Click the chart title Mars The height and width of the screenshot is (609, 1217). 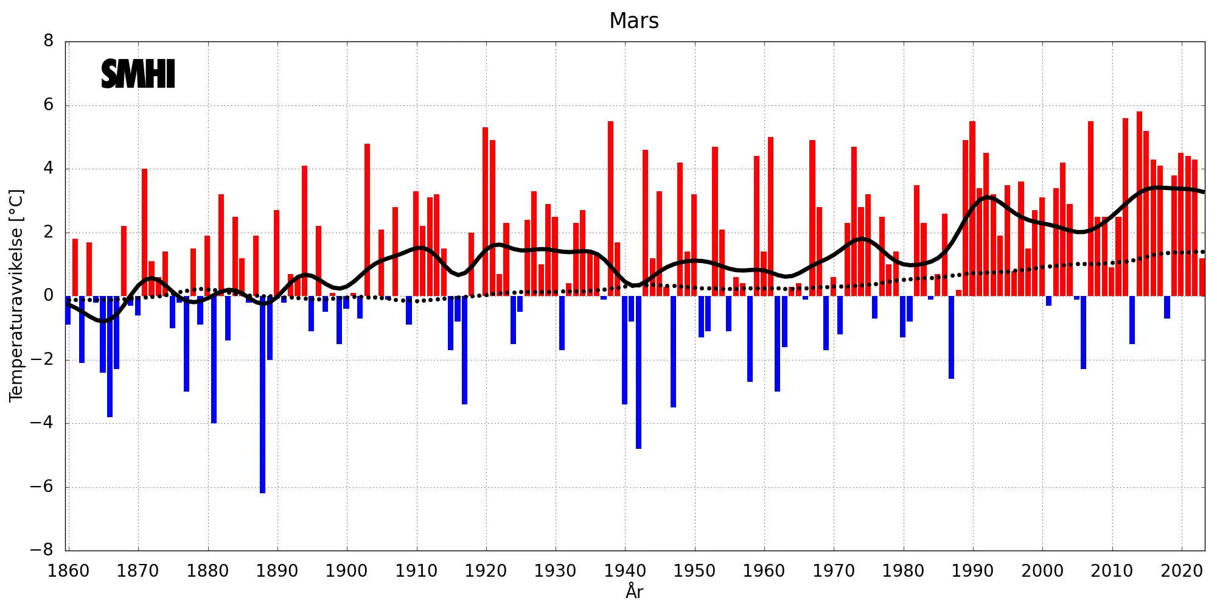tap(633, 21)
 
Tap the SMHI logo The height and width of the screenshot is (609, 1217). tap(138, 74)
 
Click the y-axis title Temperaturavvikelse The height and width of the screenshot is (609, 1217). tap(16, 295)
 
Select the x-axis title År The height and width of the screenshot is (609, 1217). tap(634, 591)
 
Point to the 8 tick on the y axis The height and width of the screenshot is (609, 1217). tap(49, 41)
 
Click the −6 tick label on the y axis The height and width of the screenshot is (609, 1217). tap(41, 487)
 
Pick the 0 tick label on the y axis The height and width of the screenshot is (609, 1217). tap(49, 296)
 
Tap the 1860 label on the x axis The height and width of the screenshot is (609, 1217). tap(68, 571)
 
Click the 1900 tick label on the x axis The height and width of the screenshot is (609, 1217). tap(346, 571)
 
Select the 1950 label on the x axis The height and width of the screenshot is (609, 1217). tap(694, 571)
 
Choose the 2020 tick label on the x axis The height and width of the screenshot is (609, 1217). tap(1182, 571)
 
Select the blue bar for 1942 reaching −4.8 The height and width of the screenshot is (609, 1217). tap(638, 372)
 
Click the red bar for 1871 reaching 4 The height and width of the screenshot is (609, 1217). tap(145, 233)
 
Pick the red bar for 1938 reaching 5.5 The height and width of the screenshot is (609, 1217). tap(610, 208)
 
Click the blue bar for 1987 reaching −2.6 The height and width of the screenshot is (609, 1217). tap(952, 337)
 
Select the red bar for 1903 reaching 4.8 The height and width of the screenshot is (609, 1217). tap(367, 220)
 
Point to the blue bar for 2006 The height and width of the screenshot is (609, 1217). tap(1084, 333)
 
